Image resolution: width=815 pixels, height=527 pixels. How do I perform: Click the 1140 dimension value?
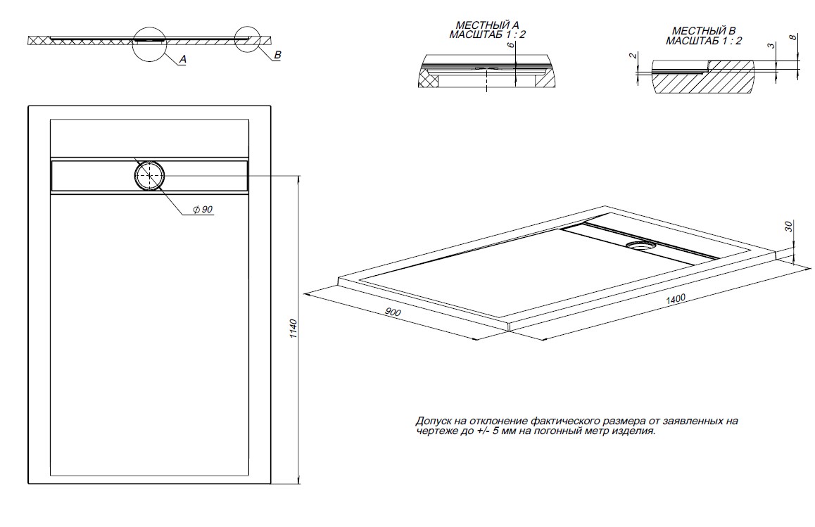293,329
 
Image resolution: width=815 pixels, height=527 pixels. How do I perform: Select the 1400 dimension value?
676,299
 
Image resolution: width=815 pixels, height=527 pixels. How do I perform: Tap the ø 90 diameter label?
202,210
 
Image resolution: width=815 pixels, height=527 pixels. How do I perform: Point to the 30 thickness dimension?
789,227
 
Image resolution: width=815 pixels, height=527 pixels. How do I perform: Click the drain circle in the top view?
150,175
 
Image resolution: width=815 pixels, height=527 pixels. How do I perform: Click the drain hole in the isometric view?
640,246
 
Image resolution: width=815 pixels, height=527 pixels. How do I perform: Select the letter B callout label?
277,55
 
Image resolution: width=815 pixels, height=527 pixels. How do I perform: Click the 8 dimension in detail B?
795,37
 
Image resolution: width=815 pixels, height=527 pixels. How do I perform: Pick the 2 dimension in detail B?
632,56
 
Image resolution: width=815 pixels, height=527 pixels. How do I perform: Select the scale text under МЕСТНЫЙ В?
704,42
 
